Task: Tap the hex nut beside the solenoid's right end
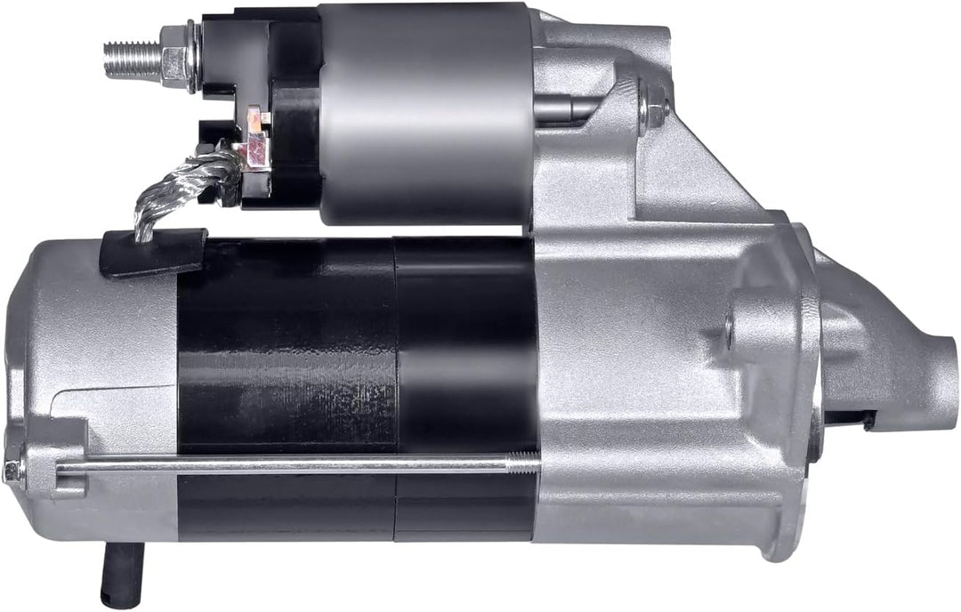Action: (x=654, y=108)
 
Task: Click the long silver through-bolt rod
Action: (x=294, y=463)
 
